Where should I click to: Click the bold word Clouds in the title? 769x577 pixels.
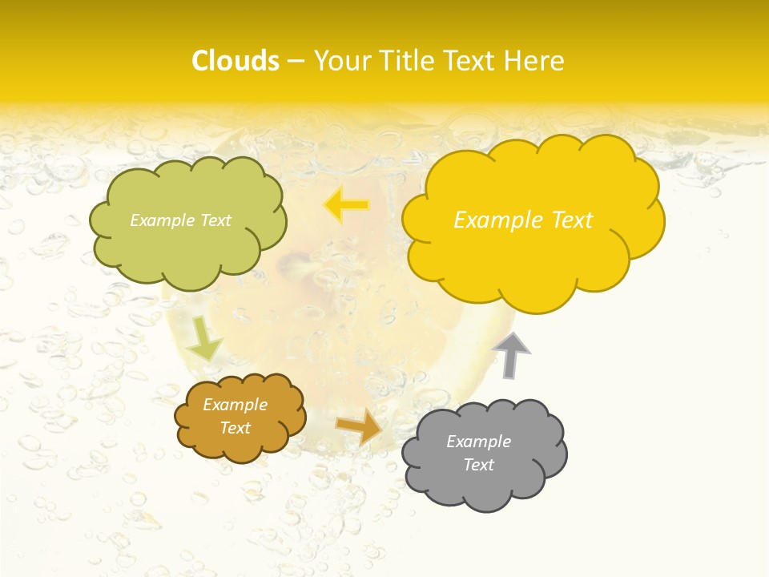click(x=236, y=61)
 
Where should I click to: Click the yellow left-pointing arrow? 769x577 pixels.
click(x=346, y=205)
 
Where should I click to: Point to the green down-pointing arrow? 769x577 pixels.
click(x=205, y=338)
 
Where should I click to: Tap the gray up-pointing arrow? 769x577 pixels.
click(x=512, y=355)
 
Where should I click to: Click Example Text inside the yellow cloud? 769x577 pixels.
click(x=523, y=220)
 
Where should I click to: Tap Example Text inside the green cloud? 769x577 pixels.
click(x=181, y=220)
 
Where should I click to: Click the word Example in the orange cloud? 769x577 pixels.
click(x=236, y=405)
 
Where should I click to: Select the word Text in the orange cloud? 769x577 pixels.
click(x=236, y=428)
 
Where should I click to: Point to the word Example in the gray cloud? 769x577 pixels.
click(x=478, y=442)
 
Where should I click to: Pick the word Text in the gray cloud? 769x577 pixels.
click(x=478, y=465)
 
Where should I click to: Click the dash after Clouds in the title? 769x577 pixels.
click(x=295, y=62)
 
